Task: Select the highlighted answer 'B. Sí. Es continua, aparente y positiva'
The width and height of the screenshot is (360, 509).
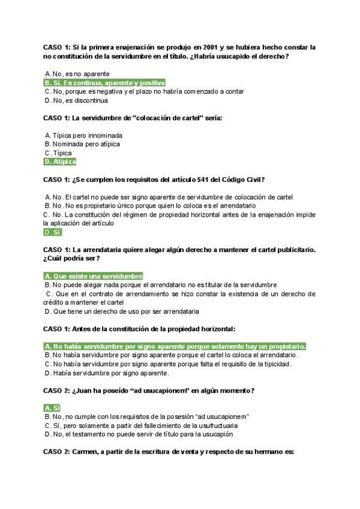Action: tap(104, 83)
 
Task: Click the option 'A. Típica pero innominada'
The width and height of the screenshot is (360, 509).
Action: tap(83, 136)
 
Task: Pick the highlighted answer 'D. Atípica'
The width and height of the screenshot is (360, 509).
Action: tap(60, 161)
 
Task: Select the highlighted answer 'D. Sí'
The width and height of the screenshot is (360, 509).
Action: tap(53, 232)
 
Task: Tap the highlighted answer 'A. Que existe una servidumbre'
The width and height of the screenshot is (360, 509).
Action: tap(94, 276)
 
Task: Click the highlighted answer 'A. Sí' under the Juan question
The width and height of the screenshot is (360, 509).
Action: tap(52, 408)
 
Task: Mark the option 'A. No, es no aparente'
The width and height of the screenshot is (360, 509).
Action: tap(77, 74)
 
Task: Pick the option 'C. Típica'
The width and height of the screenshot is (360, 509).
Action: tap(58, 153)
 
